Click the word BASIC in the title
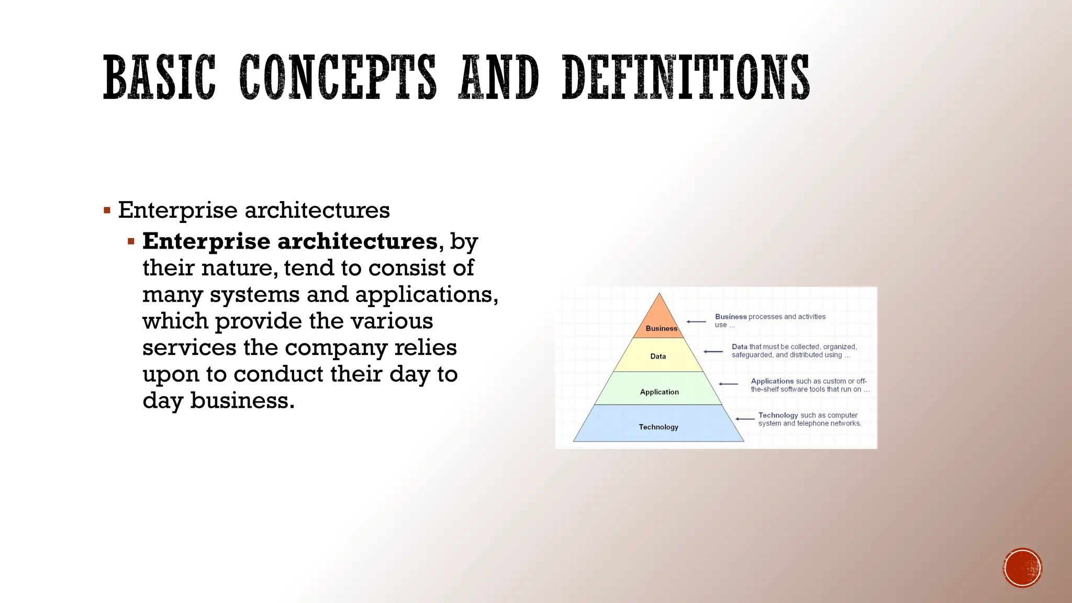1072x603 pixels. click(159, 77)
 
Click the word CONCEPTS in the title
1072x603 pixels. click(338, 77)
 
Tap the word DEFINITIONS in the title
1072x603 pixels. click(686, 77)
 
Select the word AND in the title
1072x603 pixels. click(498, 77)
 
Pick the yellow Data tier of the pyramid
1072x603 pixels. click(658, 356)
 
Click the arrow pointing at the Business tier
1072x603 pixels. click(696, 321)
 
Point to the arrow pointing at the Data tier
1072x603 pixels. click(713, 352)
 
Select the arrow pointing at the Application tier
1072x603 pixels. click(728, 384)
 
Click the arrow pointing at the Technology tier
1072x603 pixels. click(745, 419)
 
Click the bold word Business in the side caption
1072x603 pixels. click(731, 317)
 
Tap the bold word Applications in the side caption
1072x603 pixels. click(772, 381)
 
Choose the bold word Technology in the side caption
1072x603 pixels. click(778, 415)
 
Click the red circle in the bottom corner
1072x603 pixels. click(1022, 568)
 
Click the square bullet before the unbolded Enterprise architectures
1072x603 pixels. click(107, 211)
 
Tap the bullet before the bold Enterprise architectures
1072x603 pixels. click(131, 242)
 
